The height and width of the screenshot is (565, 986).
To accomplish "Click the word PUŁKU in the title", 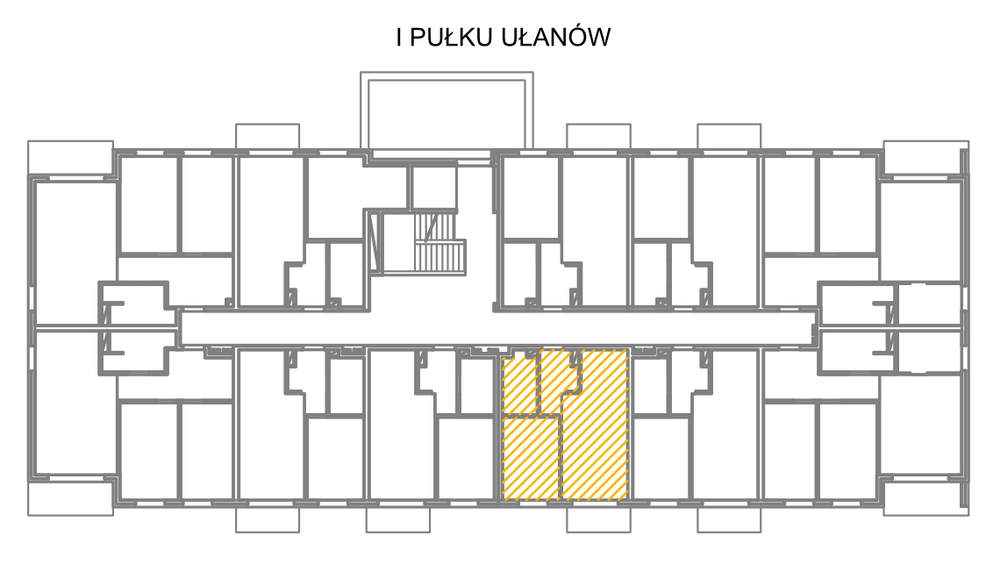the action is point(450,37).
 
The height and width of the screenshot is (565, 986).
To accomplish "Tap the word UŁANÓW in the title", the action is point(556,37).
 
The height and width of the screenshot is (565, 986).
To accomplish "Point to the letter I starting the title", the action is point(399,37).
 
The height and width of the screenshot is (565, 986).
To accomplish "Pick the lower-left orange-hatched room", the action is point(532,459).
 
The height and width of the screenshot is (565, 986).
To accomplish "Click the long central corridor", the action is point(497,327).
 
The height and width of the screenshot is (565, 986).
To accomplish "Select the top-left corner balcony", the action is point(70,158).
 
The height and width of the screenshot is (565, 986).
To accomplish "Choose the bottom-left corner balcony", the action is point(70,498).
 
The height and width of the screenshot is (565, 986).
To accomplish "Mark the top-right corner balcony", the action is point(925,158).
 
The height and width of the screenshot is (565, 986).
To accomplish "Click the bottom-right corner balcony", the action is point(925,498).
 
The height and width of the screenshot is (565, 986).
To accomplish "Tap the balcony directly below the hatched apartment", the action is point(598,519).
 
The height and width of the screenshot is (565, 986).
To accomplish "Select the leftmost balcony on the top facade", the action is point(268,137).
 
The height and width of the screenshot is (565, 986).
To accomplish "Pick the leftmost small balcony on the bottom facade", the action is point(268,519).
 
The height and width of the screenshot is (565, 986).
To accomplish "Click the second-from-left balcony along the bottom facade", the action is point(398,519).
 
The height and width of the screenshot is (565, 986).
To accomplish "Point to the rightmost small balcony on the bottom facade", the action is point(729,519).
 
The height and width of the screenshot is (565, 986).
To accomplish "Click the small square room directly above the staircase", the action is point(433,187).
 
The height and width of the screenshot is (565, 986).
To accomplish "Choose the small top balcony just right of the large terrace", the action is point(598,137).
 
